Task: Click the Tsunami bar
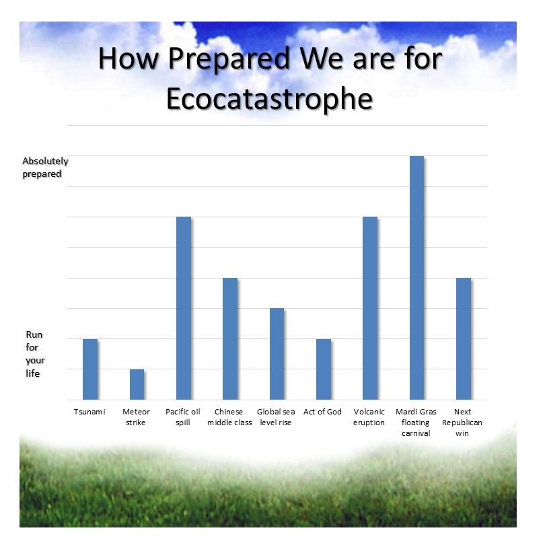[90, 369]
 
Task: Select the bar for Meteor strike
[137, 384]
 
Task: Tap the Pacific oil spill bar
[184, 308]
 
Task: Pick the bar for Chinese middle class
[230, 338]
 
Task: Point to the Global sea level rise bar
[277, 354]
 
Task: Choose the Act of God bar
[324, 369]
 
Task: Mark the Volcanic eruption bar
[370, 308]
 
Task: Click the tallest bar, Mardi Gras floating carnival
[416, 278]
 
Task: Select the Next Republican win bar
[464, 338]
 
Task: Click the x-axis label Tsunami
[89, 412]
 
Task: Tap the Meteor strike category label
[136, 417]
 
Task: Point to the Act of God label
[322, 412]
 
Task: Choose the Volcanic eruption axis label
[369, 417]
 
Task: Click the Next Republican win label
[462, 423]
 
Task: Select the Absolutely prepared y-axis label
[45, 168]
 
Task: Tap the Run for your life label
[35, 354]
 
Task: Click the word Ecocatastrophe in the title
[270, 99]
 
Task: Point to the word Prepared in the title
[229, 59]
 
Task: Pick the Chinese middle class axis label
[229, 417]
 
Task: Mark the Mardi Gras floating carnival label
[416, 423]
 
